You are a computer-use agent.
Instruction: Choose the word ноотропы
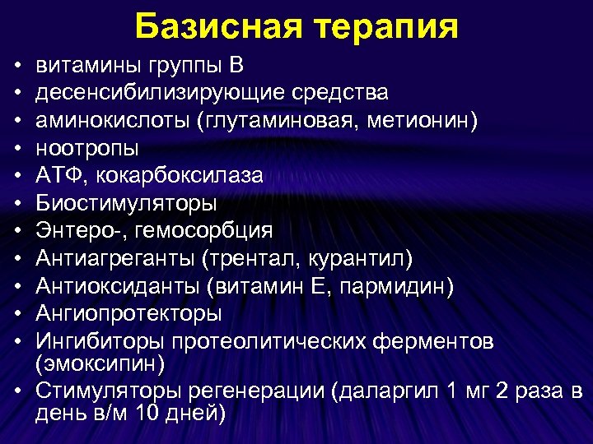coord(87,149)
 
